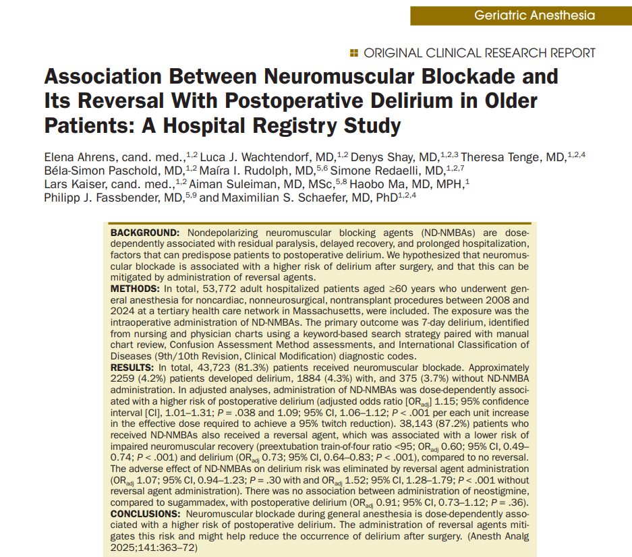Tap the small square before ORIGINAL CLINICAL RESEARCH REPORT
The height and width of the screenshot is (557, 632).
coord(355,53)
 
